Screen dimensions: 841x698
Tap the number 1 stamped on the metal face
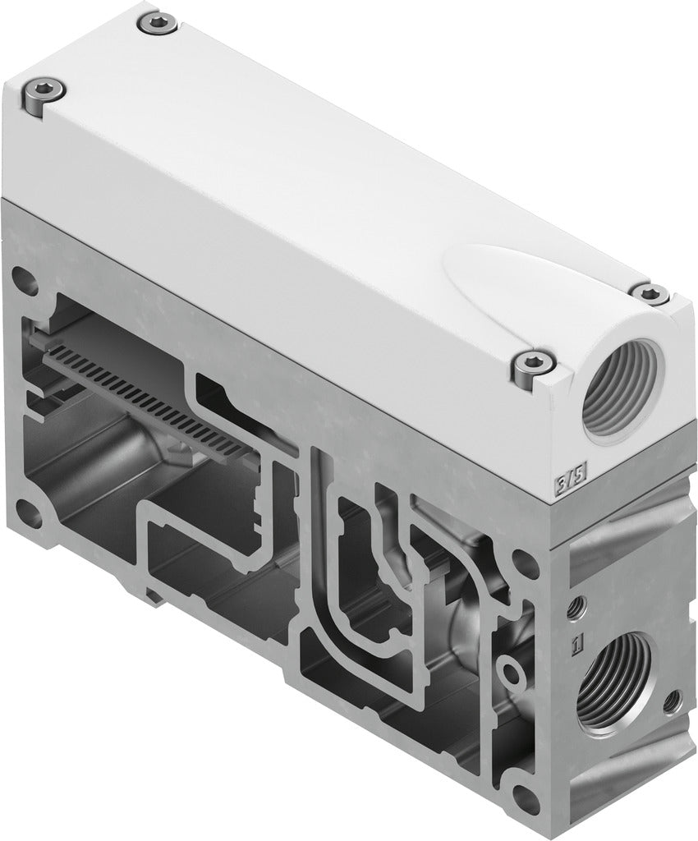pyautogui.click(x=578, y=640)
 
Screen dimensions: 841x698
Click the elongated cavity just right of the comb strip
pyautogui.click(x=222, y=393)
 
